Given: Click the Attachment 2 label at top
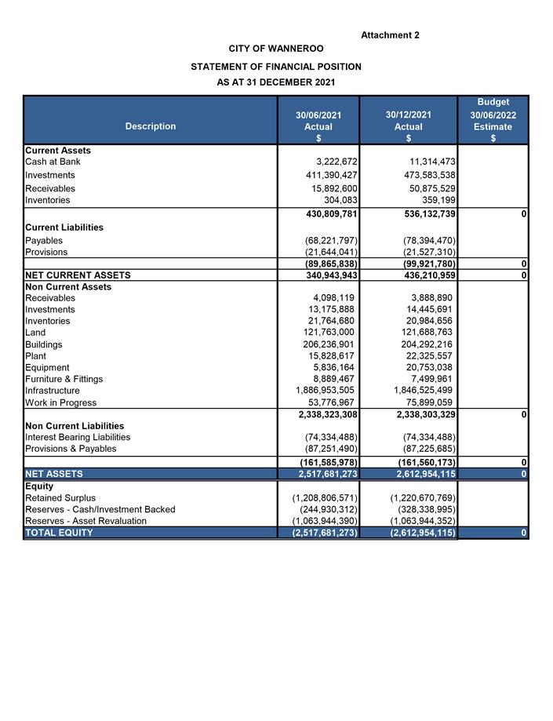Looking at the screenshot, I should click(390, 35).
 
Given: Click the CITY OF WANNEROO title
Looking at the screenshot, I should click(276, 49).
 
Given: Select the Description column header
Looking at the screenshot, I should click(151, 126).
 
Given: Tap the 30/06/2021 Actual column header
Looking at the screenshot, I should click(318, 126).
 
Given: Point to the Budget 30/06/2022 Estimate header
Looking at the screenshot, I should click(493, 120).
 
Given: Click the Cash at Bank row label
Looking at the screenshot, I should click(53, 162).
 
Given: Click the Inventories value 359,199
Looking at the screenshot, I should click(434, 200).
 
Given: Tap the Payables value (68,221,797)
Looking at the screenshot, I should click(331, 240).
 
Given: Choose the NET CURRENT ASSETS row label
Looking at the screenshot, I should click(78, 275).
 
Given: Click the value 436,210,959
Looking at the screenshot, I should click(424, 275).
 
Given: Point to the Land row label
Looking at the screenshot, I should click(36, 333).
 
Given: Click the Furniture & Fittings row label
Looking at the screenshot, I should click(64, 379).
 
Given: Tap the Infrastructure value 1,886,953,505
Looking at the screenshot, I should click(325, 391).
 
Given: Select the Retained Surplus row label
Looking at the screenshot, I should click(60, 498).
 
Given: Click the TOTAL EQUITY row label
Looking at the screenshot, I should click(59, 533).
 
